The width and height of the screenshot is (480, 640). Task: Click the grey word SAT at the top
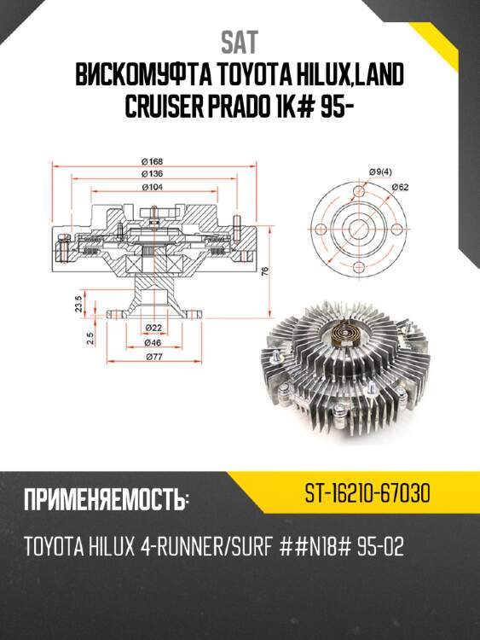240,43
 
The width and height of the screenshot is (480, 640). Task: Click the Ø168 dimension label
153,162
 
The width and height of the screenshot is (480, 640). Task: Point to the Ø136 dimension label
153,174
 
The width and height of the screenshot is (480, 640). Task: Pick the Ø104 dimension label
153,186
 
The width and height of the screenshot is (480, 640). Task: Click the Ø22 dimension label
153,328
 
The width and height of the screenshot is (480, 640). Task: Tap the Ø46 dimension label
153,343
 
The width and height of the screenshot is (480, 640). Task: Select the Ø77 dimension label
153,358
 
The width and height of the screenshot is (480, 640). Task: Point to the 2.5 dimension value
78,340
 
